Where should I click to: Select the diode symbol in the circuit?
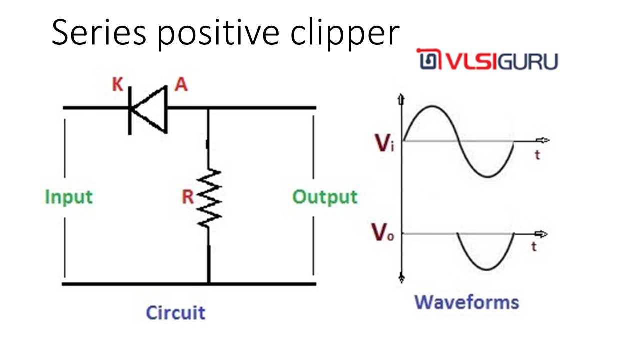pyautogui.click(x=148, y=108)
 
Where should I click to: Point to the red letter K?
pyautogui.click(x=117, y=85)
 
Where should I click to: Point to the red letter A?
pyautogui.click(x=181, y=85)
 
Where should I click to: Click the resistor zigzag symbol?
pyautogui.click(x=209, y=197)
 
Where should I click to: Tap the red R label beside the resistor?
pyautogui.click(x=187, y=197)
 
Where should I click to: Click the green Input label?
pyautogui.click(x=69, y=197)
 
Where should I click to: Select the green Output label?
pyautogui.click(x=325, y=197)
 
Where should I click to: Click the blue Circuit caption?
pyautogui.click(x=175, y=313)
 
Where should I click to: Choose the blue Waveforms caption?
pyautogui.click(x=467, y=302)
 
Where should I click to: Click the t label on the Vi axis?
pyautogui.click(x=537, y=155)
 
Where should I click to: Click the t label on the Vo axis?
pyautogui.click(x=534, y=246)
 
